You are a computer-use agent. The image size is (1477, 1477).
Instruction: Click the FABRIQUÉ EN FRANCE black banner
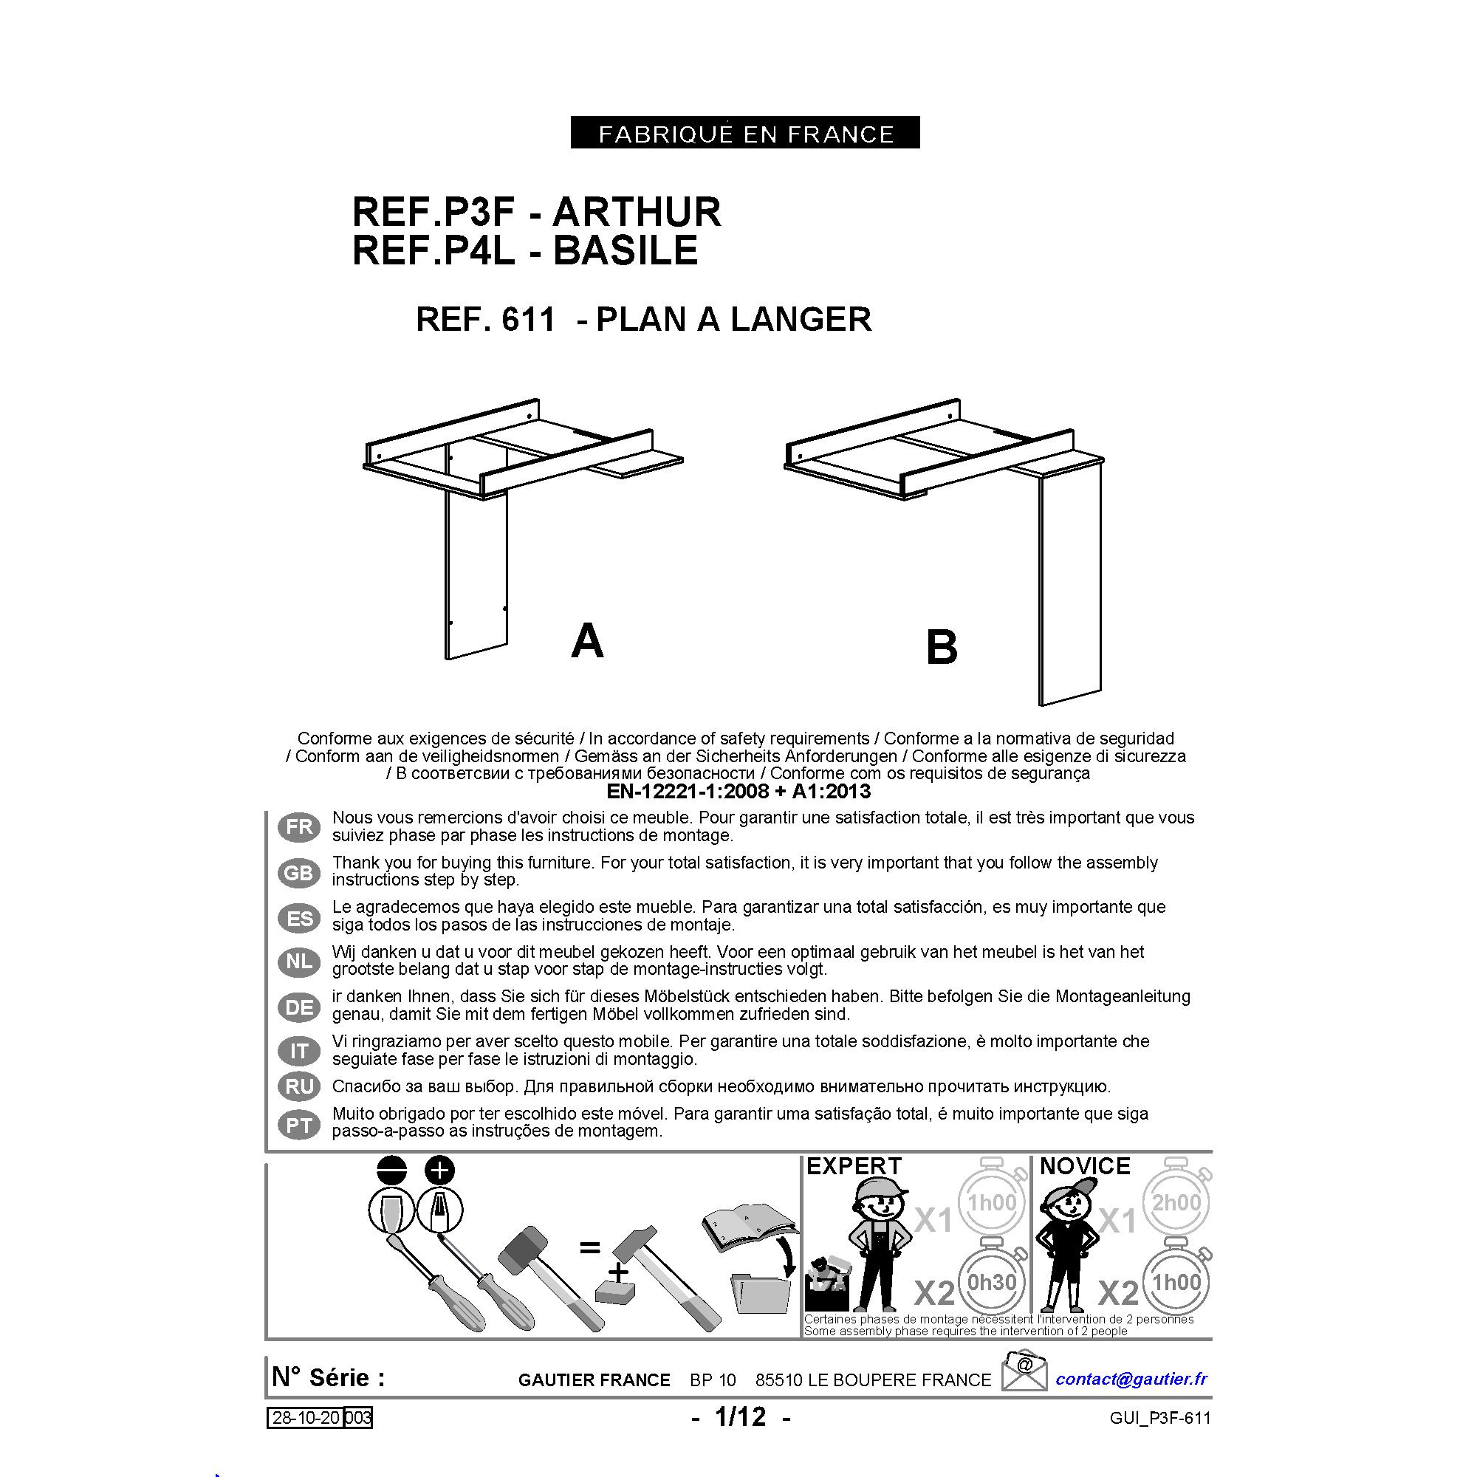pyautogui.click(x=744, y=132)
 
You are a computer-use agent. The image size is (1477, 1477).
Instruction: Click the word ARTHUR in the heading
pyautogui.click(x=636, y=212)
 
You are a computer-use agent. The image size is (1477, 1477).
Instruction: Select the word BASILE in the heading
pyautogui.click(x=626, y=250)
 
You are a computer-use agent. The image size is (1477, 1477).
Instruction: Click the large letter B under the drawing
pyautogui.click(x=941, y=648)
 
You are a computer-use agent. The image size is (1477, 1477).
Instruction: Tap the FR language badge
pyautogui.click(x=299, y=826)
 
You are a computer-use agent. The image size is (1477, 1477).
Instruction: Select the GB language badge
pyautogui.click(x=299, y=872)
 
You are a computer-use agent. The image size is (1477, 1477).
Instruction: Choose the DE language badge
pyautogui.click(x=299, y=1007)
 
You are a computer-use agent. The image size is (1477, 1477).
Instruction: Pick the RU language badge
pyautogui.click(x=299, y=1086)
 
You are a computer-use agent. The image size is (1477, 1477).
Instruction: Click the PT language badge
pyautogui.click(x=299, y=1125)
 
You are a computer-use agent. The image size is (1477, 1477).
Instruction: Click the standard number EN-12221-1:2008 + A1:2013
pyautogui.click(x=738, y=790)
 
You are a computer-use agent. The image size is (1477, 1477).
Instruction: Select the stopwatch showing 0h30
pyautogui.click(x=993, y=1282)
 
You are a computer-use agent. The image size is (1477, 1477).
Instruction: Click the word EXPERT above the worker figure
pyautogui.click(x=854, y=1166)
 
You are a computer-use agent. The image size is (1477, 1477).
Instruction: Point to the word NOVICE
pyautogui.click(x=1085, y=1166)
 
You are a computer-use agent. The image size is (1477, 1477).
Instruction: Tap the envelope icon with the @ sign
pyautogui.click(x=1024, y=1369)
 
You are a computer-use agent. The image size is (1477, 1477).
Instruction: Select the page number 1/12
pyautogui.click(x=740, y=1416)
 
